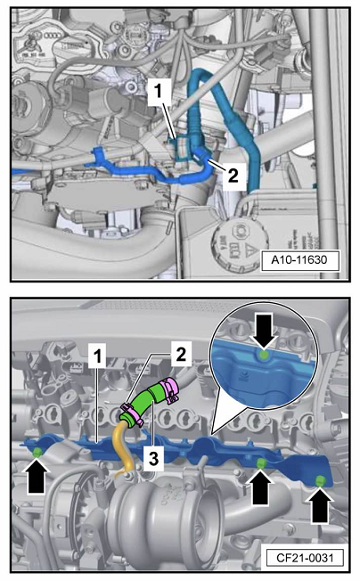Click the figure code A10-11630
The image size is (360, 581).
(299, 259)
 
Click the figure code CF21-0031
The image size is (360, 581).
(305, 557)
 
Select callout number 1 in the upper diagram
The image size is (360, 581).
(158, 91)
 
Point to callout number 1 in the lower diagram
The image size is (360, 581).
(97, 356)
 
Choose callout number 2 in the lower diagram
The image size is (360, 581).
(181, 355)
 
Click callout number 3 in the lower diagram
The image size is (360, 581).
(153, 459)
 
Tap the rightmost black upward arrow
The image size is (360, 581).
(320, 505)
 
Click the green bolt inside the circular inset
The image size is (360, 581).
(264, 356)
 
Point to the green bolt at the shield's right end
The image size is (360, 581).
(320, 481)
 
